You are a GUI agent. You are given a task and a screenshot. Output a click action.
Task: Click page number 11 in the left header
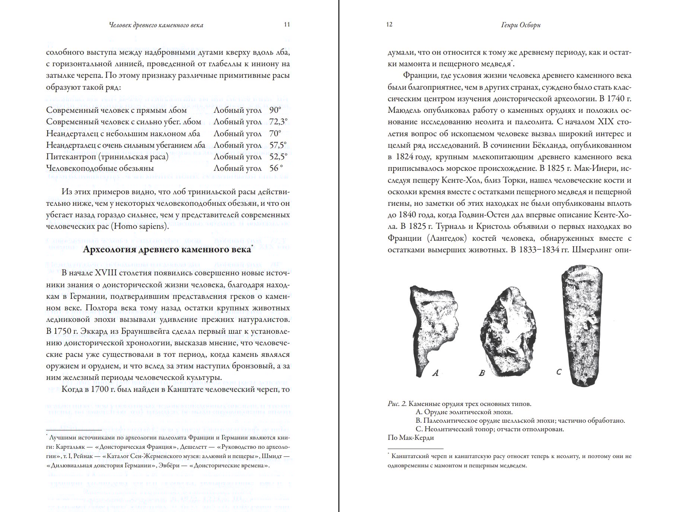coord(287,25)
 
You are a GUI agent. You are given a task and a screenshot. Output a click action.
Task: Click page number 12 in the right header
coord(389,25)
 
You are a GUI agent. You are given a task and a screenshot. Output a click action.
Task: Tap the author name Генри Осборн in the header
coord(521,25)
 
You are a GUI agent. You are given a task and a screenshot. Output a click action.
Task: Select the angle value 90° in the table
coord(275,110)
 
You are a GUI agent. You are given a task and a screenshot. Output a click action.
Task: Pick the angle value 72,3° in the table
coord(278,122)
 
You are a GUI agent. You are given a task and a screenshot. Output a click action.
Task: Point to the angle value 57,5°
coord(278,145)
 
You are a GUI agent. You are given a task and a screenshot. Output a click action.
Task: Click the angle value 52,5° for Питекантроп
coord(278,157)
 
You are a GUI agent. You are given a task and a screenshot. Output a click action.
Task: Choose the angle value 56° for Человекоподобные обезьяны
coord(276,168)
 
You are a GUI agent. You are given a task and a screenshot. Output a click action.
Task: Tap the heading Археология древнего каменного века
coord(167,249)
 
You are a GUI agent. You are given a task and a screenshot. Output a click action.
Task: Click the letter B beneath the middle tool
coord(482,373)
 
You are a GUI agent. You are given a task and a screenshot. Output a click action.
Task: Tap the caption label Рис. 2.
coord(397,404)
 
